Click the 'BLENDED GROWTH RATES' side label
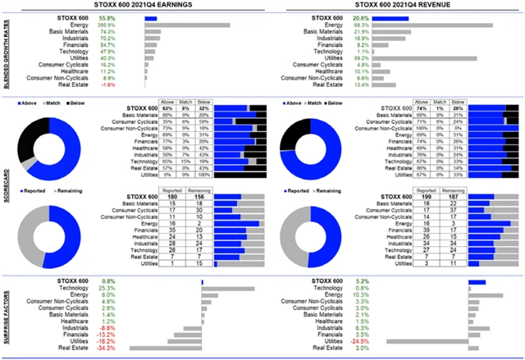[6, 50]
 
